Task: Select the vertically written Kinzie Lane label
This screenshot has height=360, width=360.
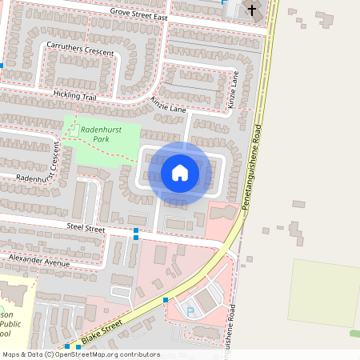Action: click(234, 90)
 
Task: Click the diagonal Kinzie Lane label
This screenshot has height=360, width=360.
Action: click(167, 102)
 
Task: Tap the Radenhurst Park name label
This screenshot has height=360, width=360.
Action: click(94, 133)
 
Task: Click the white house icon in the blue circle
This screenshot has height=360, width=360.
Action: click(180, 172)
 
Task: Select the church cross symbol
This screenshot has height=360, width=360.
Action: click(253, 10)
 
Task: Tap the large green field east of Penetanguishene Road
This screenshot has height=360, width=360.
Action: click(323, 291)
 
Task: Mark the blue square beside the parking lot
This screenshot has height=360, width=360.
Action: click(166, 299)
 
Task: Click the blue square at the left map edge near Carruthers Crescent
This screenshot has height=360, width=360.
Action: click(2, 66)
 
